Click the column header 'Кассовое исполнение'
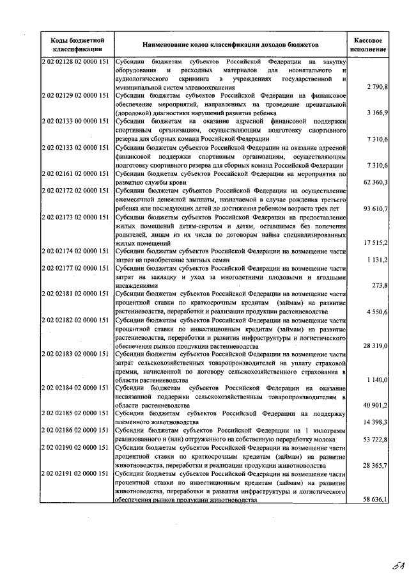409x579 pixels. click(369, 44)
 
